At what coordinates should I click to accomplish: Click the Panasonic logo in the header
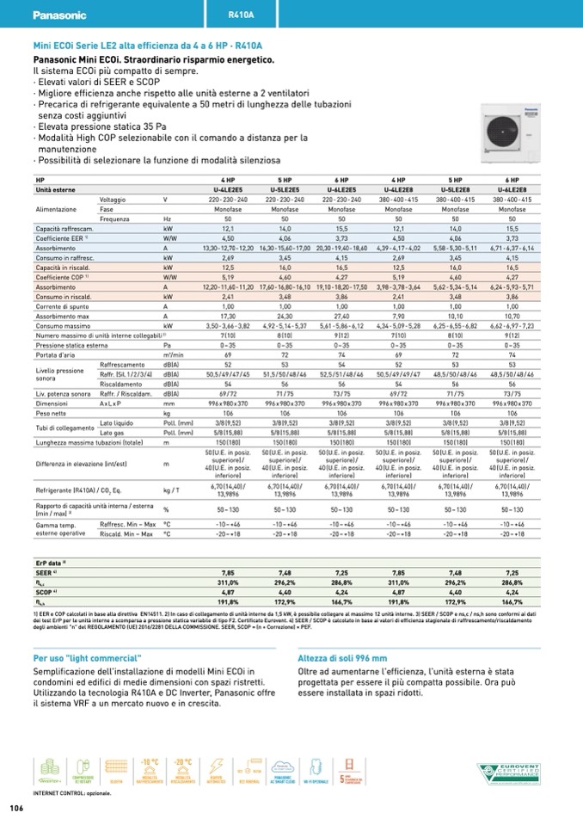tap(59, 15)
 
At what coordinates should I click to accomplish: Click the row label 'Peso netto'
tap(52, 413)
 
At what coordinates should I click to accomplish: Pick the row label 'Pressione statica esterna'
tap(74, 344)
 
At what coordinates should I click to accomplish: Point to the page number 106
tap(16, 808)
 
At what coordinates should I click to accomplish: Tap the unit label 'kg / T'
tap(171, 489)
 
